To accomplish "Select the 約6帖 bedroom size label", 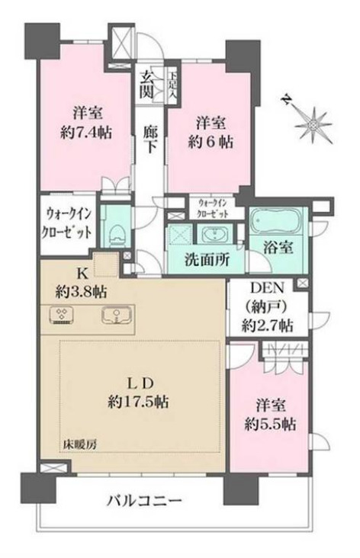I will click(x=213, y=142).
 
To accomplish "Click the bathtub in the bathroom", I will click(x=278, y=221).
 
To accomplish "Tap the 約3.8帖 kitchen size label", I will click(x=80, y=291).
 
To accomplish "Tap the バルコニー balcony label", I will click(x=145, y=501).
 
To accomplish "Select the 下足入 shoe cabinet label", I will click(x=174, y=83).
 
